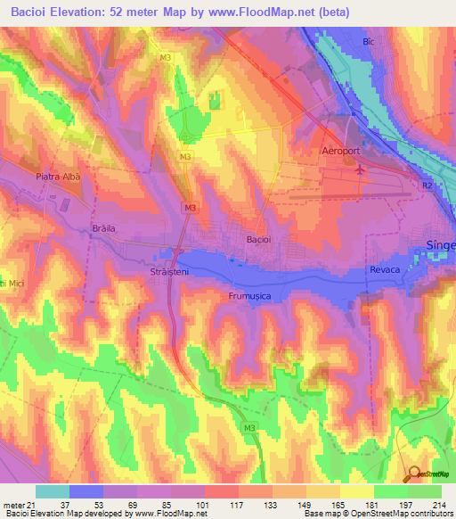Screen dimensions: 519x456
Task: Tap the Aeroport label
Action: pyautogui.click(x=341, y=152)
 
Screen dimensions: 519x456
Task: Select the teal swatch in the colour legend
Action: pyautogui.click(x=53, y=491)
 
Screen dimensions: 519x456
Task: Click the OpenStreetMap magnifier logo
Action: pyautogui.click(x=415, y=475)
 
